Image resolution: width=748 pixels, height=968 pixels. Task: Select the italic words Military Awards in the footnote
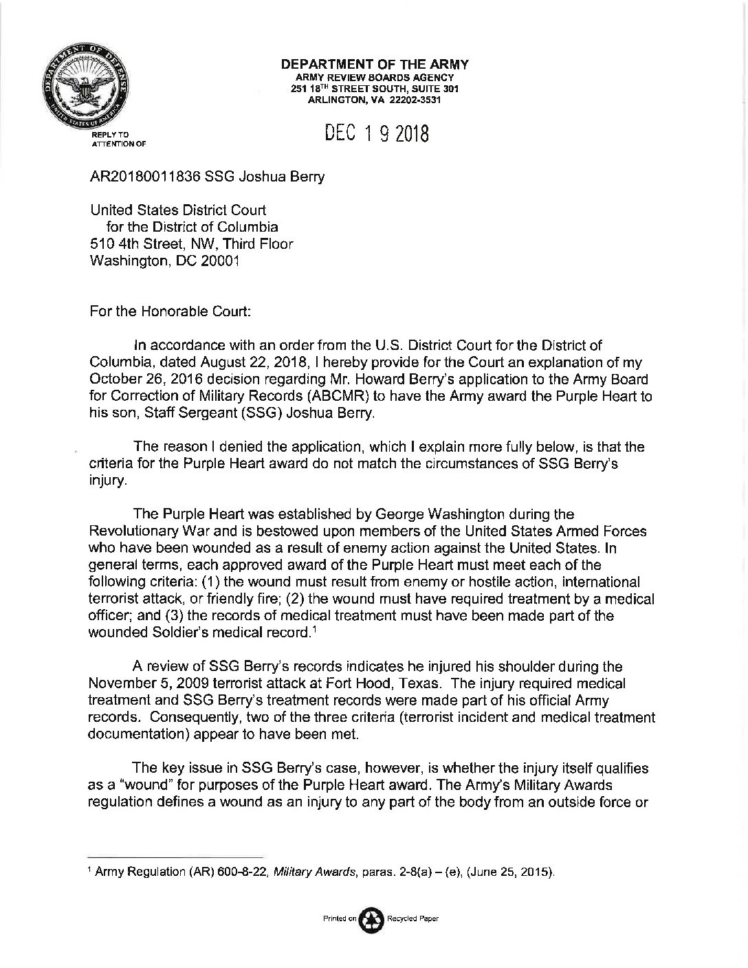click(306, 872)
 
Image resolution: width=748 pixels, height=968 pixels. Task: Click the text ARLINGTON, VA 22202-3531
click(374, 100)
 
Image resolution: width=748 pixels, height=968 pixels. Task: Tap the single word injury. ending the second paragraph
click(109, 481)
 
